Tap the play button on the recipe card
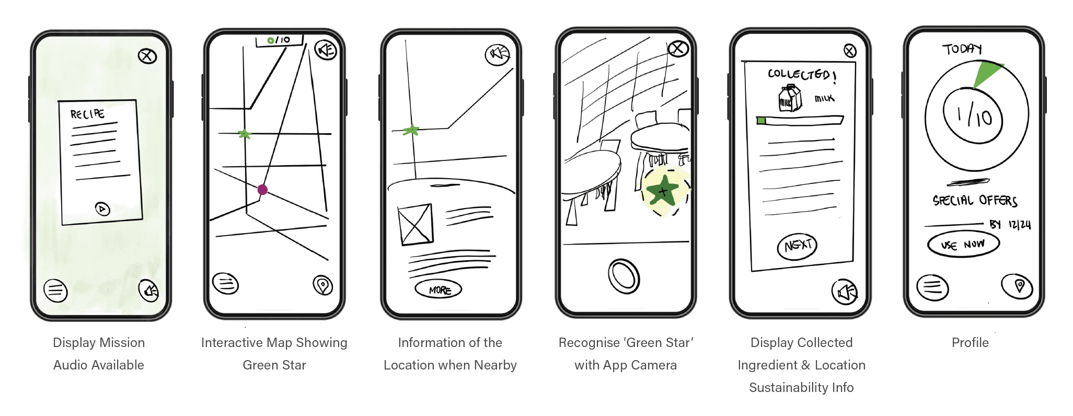pyautogui.click(x=102, y=209)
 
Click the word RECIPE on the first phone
pyautogui.click(x=87, y=114)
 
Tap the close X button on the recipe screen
pyautogui.click(x=147, y=56)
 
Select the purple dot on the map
pyautogui.click(x=263, y=190)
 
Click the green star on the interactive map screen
pyautogui.click(x=244, y=134)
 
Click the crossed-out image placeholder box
pyautogui.click(x=416, y=225)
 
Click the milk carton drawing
pyautogui.click(x=790, y=98)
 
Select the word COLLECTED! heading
pyautogui.click(x=802, y=75)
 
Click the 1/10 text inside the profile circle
pyautogui.click(x=973, y=115)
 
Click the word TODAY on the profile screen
pyautogui.click(x=962, y=49)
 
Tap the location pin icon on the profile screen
pyautogui.click(x=1017, y=286)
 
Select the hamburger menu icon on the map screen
pyautogui.click(x=225, y=284)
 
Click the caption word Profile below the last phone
pyautogui.click(x=970, y=342)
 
